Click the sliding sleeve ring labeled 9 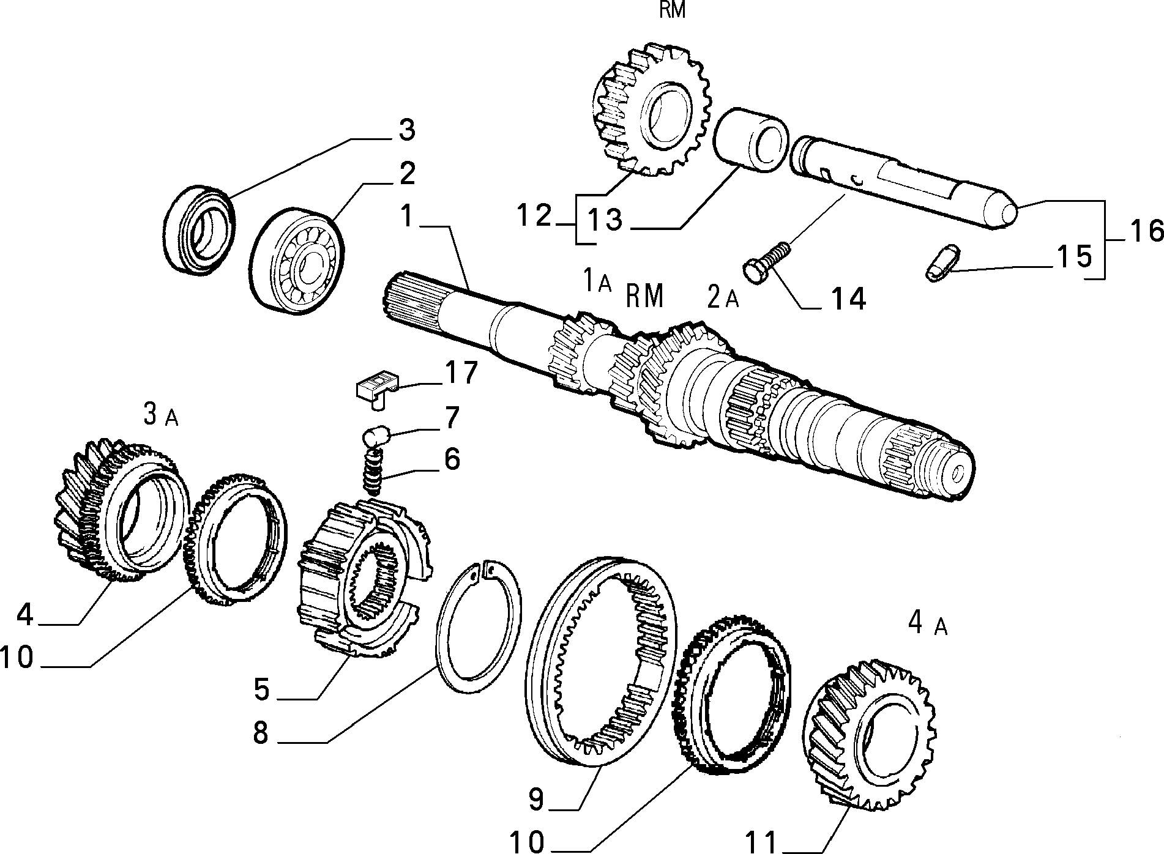603,661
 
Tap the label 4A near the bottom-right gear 927,623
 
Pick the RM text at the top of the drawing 673,10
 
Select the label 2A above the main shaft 723,297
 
